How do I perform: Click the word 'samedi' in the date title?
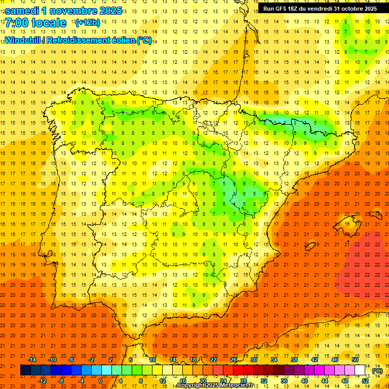tap(22, 11)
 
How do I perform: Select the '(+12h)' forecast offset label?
tap(87, 23)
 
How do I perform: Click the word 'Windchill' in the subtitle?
tap(22, 41)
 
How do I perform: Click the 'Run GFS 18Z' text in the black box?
tap(282, 9)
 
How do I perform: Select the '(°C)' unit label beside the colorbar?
tap(377, 371)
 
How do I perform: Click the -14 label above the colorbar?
tap(32, 360)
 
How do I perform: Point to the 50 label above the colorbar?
tap(355, 360)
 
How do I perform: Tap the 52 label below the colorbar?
tap(365, 381)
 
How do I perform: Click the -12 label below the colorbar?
tap(43, 381)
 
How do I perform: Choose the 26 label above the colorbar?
tap(234, 360)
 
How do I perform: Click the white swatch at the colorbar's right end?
tap(360, 370)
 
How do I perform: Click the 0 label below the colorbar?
tap(101, 381)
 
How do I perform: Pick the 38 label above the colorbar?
tap(294, 360)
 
